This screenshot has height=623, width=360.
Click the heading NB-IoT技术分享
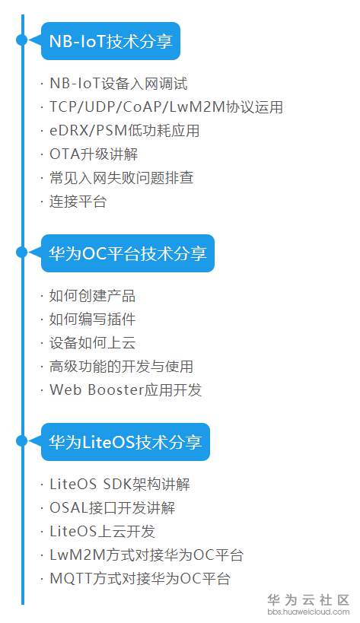110,41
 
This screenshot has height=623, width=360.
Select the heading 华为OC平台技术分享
128,253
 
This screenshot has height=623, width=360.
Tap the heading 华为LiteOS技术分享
125,442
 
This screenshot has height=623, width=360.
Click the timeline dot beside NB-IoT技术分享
22,40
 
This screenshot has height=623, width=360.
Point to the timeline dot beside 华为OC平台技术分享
22,253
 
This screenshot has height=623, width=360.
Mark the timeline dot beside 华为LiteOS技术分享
22,441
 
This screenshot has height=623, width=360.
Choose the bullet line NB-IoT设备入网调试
119,84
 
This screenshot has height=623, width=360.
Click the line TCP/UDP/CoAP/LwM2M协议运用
166,107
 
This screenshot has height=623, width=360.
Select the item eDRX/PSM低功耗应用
124,131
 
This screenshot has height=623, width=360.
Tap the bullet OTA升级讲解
94,154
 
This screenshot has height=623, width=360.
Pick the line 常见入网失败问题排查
121,177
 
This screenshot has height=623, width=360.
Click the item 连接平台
78,202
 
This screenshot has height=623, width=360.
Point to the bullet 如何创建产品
92,296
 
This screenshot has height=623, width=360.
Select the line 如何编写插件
92,319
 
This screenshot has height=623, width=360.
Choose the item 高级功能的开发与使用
121,367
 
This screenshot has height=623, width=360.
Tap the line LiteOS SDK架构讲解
119,485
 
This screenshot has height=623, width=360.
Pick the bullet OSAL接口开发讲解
112,508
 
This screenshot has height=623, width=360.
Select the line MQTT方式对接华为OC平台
140,578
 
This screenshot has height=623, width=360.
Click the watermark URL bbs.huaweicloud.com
309,612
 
